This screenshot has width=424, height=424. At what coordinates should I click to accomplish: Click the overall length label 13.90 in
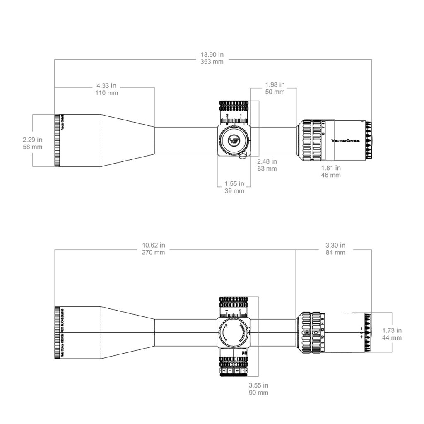(212, 55)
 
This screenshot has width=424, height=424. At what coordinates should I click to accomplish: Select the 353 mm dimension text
(212, 62)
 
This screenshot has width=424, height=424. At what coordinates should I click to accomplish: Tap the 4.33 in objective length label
(106, 86)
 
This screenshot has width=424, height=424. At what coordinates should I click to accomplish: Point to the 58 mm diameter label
(33, 147)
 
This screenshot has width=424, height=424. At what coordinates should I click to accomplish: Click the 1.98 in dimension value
(275, 84)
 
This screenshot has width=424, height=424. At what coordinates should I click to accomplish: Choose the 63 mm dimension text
(267, 169)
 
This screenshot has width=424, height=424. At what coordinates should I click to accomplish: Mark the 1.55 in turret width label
(234, 183)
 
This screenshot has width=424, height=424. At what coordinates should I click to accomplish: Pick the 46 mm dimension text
(331, 175)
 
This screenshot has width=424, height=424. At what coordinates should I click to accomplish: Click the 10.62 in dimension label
(154, 245)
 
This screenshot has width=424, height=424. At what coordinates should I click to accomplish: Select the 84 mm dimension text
(335, 252)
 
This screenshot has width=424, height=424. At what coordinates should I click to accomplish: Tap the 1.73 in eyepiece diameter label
(391, 330)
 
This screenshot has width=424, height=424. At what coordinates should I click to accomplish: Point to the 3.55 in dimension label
(258, 385)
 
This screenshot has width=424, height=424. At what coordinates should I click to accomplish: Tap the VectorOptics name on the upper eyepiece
(346, 141)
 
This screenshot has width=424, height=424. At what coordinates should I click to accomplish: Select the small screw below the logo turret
(244, 155)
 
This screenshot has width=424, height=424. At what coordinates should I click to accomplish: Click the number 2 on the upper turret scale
(227, 115)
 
